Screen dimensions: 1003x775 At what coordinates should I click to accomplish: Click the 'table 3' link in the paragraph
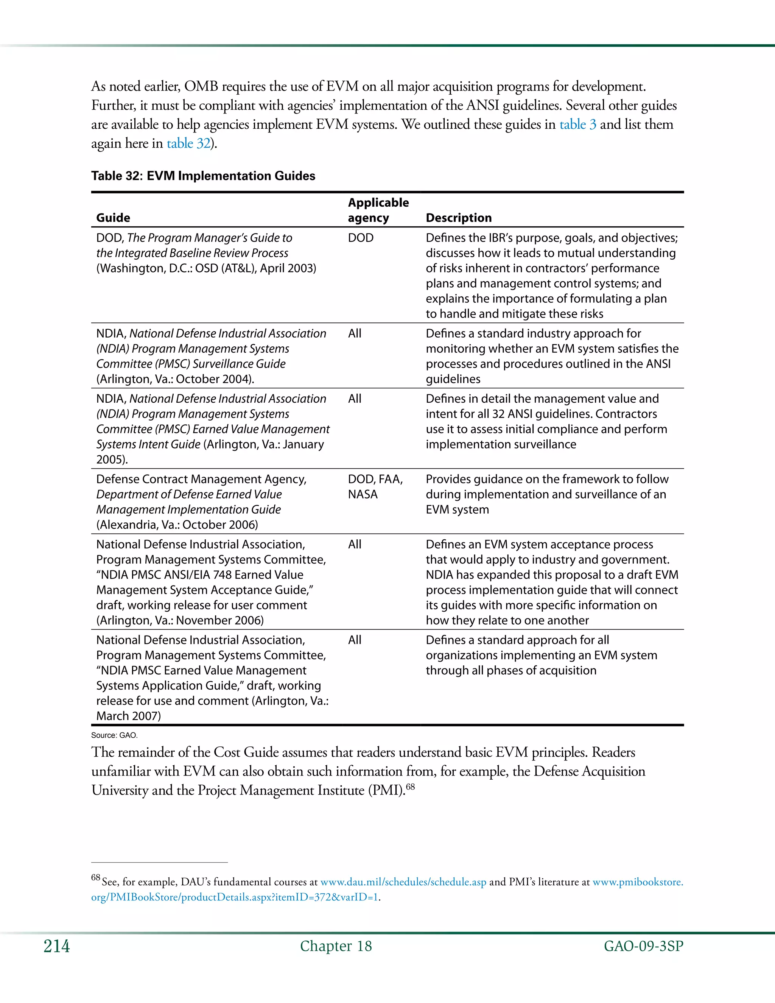click(x=577, y=125)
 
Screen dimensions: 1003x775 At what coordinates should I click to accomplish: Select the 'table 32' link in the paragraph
click(x=188, y=143)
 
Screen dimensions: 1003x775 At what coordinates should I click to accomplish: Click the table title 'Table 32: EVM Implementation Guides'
click(x=203, y=176)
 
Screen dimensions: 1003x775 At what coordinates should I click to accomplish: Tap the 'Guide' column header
click(x=113, y=218)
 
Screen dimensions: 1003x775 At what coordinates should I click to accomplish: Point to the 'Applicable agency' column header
click(x=378, y=210)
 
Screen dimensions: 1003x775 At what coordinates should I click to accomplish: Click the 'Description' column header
click(x=458, y=218)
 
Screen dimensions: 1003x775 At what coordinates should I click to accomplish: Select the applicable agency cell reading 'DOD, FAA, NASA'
click(x=375, y=487)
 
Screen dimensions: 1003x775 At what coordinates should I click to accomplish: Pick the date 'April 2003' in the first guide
click(x=288, y=268)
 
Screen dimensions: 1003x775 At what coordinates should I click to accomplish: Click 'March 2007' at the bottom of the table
click(x=128, y=716)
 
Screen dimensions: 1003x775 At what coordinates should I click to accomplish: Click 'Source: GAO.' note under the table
click(x=114, y=735)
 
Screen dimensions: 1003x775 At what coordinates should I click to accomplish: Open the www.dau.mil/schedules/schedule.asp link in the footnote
click(x=403, y=882)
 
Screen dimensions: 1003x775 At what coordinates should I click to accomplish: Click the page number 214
click(x=56, y=947)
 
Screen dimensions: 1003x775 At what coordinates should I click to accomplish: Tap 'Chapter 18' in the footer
click(x=336, y=947)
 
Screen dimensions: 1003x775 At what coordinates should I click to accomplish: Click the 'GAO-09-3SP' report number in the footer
click(x=643, y=947)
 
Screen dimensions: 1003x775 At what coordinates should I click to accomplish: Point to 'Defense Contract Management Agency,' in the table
click(x=201, y=480)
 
